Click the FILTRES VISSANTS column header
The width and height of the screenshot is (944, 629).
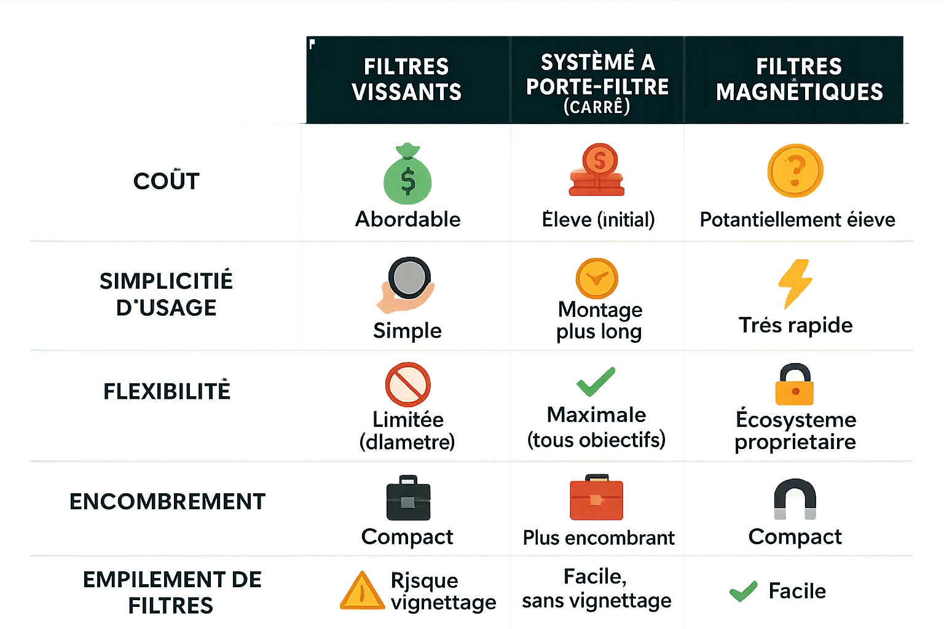click(x=407, y=79)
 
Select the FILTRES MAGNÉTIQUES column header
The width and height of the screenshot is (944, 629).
click(x=799, y=79)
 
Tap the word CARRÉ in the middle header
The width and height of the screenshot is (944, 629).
click(x=597, y=107)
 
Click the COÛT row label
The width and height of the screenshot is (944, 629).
click(x=167, y=181)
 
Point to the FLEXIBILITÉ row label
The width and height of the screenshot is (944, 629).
click(x=167, y=391)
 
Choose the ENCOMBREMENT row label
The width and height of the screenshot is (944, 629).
click(x=167, y=502)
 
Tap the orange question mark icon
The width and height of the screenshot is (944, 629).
click(x=795, y=171)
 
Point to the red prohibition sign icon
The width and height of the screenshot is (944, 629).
click(x=407, y=385)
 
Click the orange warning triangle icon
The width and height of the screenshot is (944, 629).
click(x=362, y=591)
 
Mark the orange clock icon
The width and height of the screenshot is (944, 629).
click(x=596, y=278)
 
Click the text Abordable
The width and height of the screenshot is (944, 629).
click(x=407, y=219)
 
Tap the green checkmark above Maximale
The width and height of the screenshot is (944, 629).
click(x=595, y=381)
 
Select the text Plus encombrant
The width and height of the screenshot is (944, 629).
click(x=598, y=538)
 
